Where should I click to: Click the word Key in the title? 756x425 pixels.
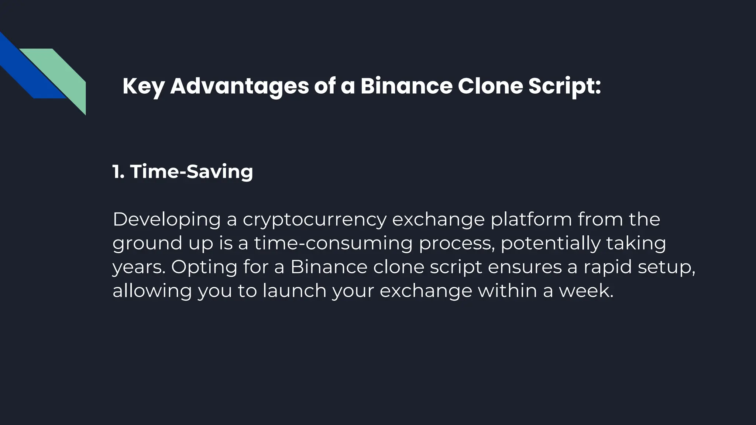click(143, 87)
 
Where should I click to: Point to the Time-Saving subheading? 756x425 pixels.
click(191, 172)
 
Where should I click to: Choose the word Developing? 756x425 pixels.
click(166, 220)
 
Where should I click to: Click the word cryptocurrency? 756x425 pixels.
click(314, 220)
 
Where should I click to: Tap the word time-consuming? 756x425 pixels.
click(333, 243)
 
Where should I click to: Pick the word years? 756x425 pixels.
click(138, 267)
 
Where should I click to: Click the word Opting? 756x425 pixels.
click(204, 267)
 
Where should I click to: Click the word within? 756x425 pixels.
click(507, 291)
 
